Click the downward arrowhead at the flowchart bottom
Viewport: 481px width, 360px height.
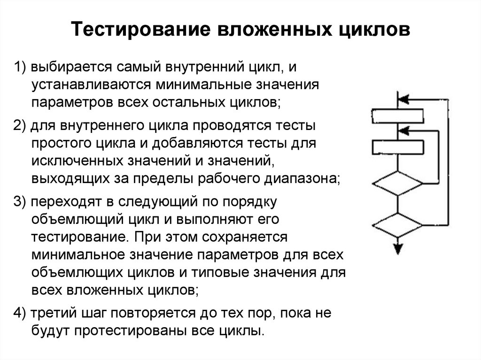398,248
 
